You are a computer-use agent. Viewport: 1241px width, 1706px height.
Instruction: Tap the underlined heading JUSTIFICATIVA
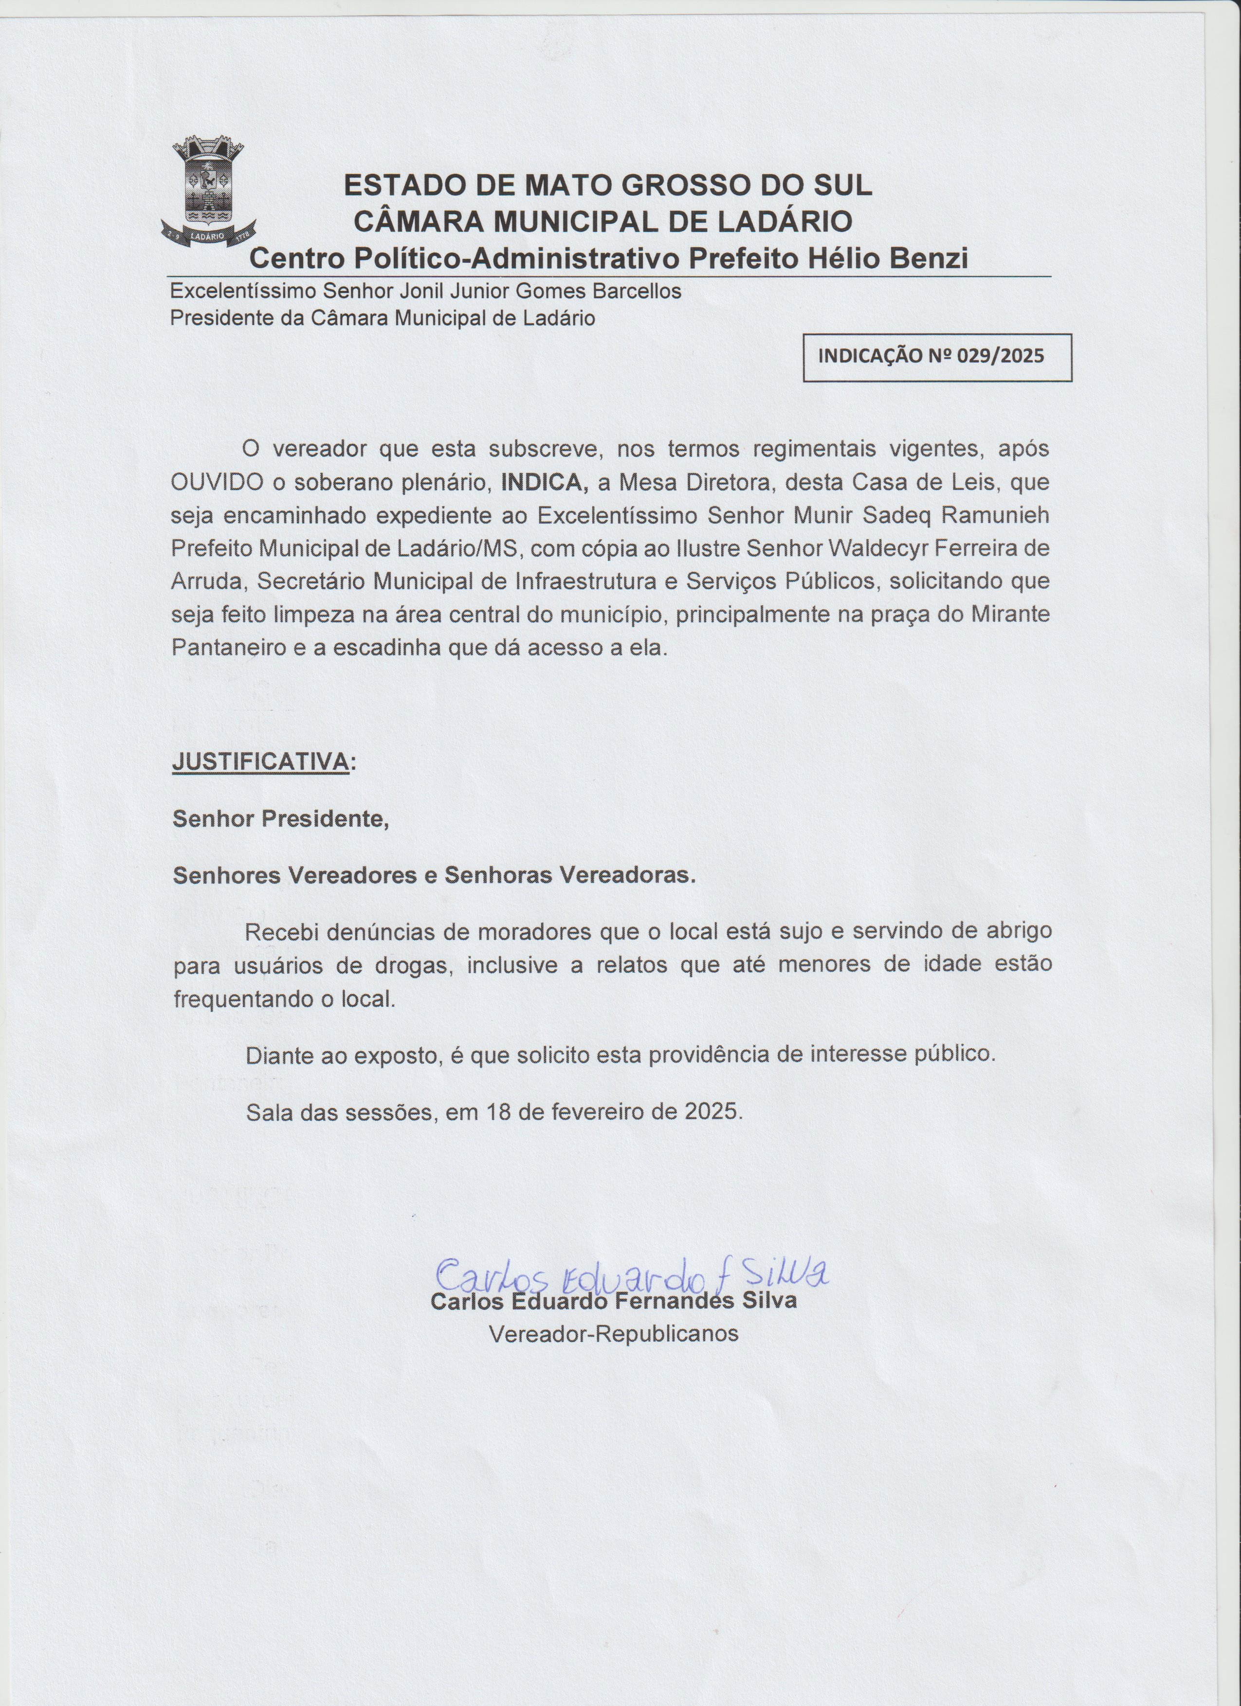[260, 761]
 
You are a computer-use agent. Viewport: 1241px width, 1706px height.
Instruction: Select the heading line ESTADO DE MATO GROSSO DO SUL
[608, 185]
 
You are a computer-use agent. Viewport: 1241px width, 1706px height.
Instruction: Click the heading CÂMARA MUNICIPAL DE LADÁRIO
[603, 221]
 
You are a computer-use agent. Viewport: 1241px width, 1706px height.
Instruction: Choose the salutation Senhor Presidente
[280, 818]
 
